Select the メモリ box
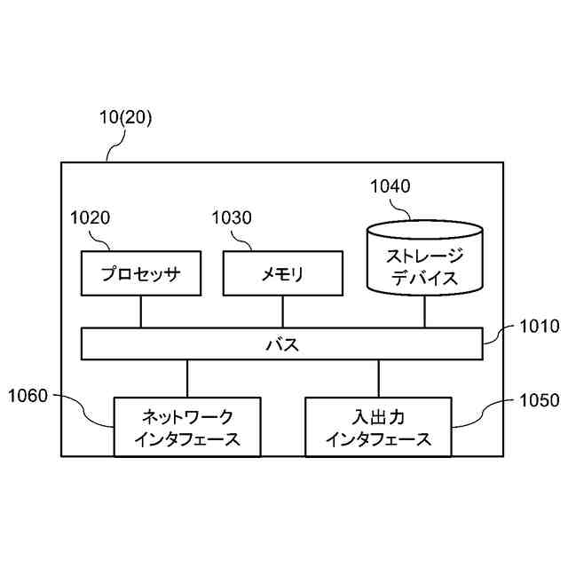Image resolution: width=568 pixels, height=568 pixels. pyautogui.click(x=282, y=273)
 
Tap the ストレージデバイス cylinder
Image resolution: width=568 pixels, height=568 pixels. pyautogui.click(x=424, y=264)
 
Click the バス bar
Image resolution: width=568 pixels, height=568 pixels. pyautogui.click(x=282, y=344)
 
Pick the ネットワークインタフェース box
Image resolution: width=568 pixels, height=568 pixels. pyautogui.click(x=187, y=426)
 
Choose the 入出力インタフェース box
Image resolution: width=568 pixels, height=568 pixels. pyautogui.click(x=378, y=426)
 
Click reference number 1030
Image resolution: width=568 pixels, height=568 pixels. pyautogui.click(x=232, y=217)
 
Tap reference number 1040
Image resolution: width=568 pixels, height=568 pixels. pyautogui.click(x=390, y=186)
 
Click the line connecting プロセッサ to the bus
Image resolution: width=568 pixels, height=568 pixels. pyautogui.click(x=141, y=312)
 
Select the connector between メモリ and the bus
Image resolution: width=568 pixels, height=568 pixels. pyautogui.click(x=282, y=312)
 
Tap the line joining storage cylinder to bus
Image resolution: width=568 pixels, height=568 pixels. pyautogui.click(x=424, y=312)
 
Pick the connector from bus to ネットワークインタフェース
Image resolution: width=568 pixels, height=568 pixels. pyautogui.click(x=186, y=378)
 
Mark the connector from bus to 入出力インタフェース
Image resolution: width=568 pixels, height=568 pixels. pyautogui.click(x=378, y=378)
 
